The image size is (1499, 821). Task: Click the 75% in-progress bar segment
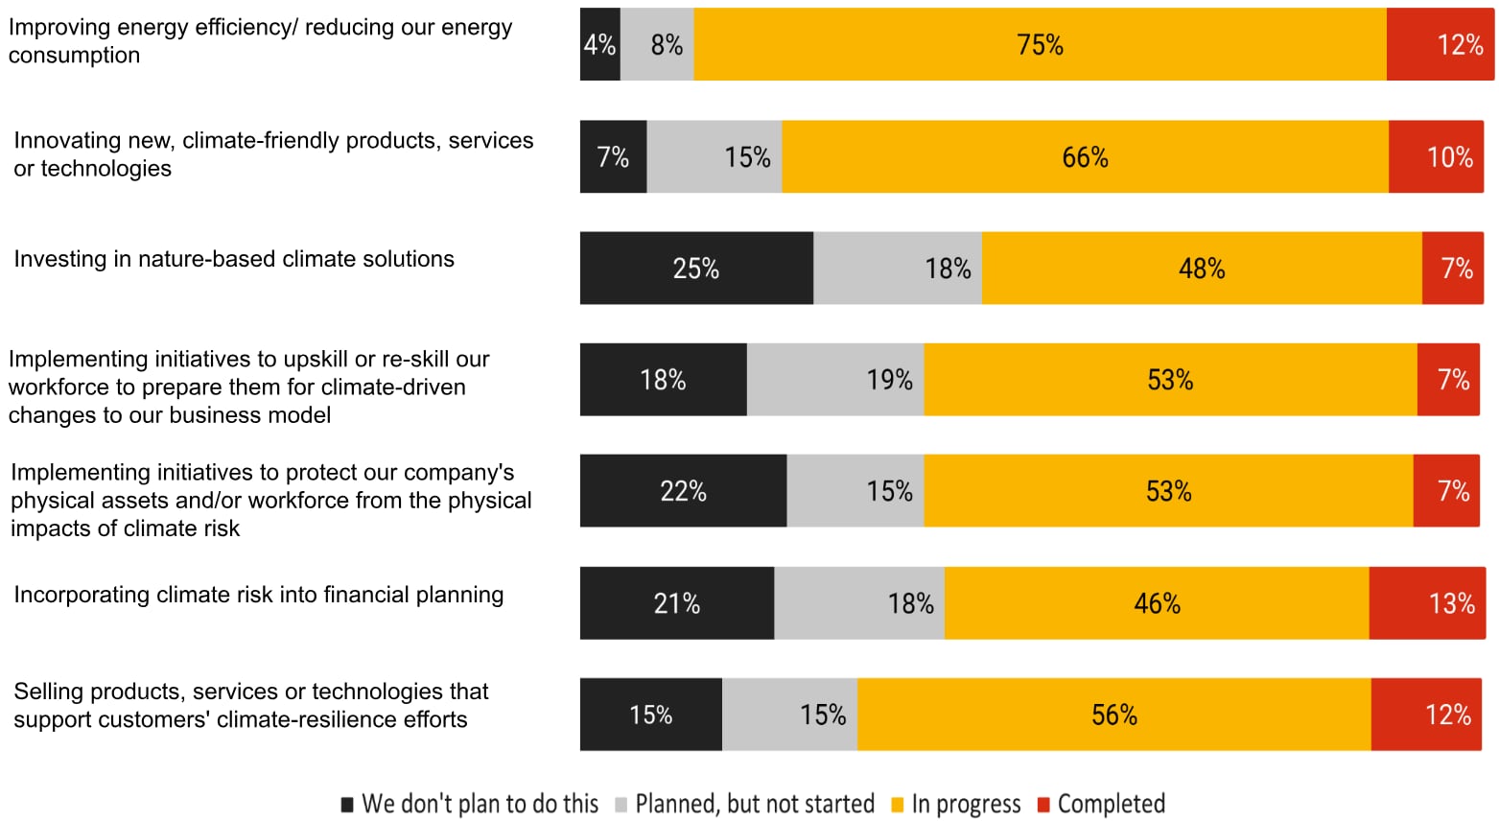pos(1040,45)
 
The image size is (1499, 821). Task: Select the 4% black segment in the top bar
pos(599,45)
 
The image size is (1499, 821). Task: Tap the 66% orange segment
pos(1085,157)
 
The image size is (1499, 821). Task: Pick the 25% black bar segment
pos(696,269)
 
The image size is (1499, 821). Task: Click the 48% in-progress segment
pos(1202,269)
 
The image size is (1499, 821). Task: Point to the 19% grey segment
pos(835,380)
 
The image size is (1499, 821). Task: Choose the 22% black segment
pos(683,491)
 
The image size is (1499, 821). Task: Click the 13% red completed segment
pos(1427,603)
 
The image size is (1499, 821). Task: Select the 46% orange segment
pos(1157,603)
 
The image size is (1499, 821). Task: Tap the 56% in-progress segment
pos(1113,715)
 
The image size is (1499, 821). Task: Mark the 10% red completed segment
pos(1436,157)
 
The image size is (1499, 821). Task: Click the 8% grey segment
pos(657,45)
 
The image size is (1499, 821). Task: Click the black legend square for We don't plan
pos(347,805)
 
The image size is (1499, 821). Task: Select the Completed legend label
pos(1111,804)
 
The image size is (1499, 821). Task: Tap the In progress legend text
pos(966,804)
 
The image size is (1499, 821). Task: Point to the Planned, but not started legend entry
pos(755,804)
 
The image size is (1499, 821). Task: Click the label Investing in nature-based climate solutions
pos(234,259)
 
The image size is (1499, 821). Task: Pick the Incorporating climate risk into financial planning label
pos(258,595)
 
